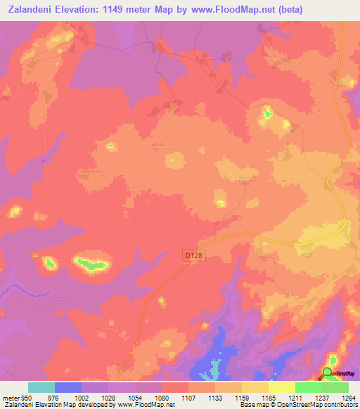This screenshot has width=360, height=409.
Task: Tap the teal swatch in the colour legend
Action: pyautogui.click(x=41, y=388)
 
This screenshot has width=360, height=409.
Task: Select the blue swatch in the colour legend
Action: pyautogui.click(x=68, y=388)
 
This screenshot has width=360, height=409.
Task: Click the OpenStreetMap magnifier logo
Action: pyautogui.click(x=329, y=373)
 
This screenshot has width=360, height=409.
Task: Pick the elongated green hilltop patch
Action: pyautogui.click(x=92, y=264)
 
